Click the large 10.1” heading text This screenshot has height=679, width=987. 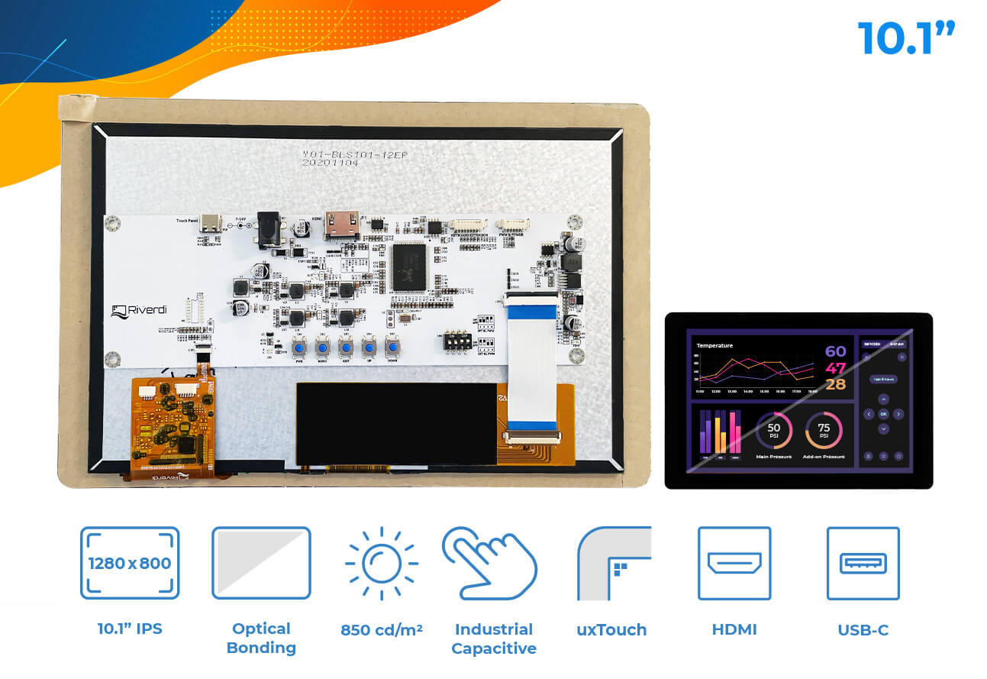(x=906, y=39)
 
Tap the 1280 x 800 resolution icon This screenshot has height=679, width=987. (x=130, y=563)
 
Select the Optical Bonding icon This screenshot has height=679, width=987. (x=261, y=563)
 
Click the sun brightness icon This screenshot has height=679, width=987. (x=381, y=564)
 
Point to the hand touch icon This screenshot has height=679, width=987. (x=489, y=564)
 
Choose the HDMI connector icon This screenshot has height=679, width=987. (x=734, y=564)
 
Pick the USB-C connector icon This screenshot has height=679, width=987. (x=863, y=564)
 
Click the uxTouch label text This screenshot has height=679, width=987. (x=611, y=630)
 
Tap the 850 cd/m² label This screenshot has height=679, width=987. (x=381, y=630)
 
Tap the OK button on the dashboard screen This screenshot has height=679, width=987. (x=883, y=414)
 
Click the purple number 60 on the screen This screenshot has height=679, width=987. (x=835, y=351)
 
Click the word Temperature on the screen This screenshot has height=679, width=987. (x=714, y=345)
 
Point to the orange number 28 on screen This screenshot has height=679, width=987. (x=835, y=384)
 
